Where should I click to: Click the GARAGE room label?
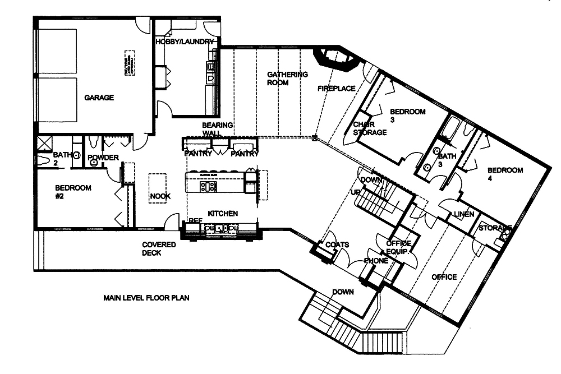tap(99, 98)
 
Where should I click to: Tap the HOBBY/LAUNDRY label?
tap(185, 42)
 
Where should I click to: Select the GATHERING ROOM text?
tap(287, 79)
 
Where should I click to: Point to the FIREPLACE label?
tap(337, 89)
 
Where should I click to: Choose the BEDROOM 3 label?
tap(408, 116)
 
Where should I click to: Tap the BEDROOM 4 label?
tap(505, 174)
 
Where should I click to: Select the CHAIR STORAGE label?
tap(369, 128)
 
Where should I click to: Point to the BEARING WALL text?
tap(218, 129)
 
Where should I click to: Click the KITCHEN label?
tap(223, 214)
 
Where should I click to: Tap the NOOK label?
tap(160, 196)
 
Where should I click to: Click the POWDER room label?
tap(103, 158)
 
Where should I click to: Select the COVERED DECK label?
tap(159, 248)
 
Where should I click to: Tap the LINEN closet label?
tap(464, 215)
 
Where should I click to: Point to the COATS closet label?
tap(337, 245)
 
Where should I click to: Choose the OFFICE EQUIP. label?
tap(399, 247)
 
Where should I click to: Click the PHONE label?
tap(375, 261)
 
